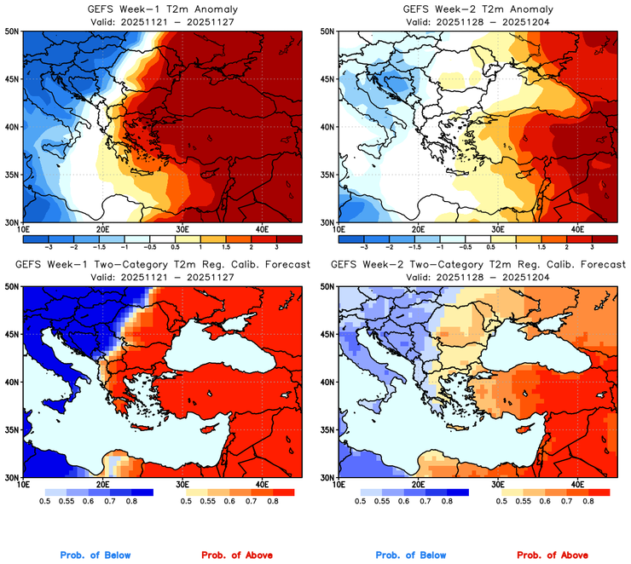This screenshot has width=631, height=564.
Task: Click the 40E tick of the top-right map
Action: click(577, 229)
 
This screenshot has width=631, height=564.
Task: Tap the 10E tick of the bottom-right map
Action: click(338, 484)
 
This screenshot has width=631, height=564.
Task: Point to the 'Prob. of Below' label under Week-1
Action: click(96, 555)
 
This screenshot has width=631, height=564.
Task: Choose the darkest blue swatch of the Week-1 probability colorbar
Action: click(141, 492)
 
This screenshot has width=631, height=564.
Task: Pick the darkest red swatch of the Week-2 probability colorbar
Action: click(599, 492)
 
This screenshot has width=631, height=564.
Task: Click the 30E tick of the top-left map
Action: click(182, 229)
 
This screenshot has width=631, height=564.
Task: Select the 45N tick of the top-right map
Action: click(327, 79)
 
